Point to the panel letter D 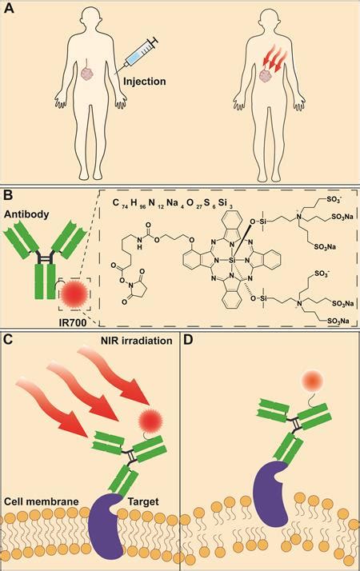click(x=190, y=339)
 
